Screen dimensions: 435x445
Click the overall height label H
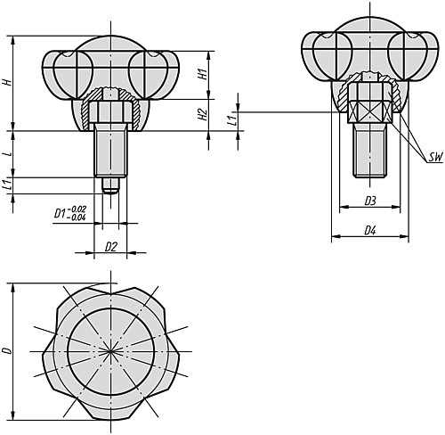click(8, 82)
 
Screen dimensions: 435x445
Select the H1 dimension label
click(203, 75)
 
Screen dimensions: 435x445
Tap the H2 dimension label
click(203, 114)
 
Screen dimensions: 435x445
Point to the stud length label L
click(8, 153)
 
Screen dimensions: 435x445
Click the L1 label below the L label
click(8, 185)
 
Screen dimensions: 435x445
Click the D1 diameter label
click(61, 214)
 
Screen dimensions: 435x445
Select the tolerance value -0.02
click(78, 209)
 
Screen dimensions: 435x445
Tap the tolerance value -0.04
click(78, 218)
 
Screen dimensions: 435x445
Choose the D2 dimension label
click(110, 245)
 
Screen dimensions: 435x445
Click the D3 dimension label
click(369, 201)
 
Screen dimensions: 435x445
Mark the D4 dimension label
click(369, 231)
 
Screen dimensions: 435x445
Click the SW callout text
click(434, 157)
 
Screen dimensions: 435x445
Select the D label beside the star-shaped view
click(8, 351)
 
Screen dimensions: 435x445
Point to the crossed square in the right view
click(369, 111)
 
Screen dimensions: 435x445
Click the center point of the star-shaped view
click(110, 351)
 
